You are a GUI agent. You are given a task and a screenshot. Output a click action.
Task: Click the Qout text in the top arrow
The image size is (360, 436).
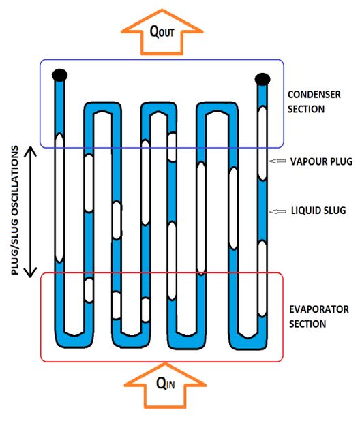pyautogui.click(x=162, y=31)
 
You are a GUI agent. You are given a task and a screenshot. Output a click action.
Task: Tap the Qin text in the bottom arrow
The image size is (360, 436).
pyautogui.click(x=166, y=384)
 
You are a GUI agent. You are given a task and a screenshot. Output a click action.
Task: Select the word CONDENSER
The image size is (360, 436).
pyautogui.click(x=314, y=95)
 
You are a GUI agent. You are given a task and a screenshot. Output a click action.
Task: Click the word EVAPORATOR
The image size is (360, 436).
pyautogui.click(x=319, y=309)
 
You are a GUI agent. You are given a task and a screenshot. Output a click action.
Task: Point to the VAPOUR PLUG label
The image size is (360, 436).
pyautogui.click(x=321, y=161)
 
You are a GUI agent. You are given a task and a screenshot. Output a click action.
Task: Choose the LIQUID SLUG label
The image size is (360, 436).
pyautogui.click(x=318, y=211)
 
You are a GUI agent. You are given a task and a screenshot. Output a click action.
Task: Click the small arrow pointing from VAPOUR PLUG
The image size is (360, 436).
pyautogui.click(x=277, y=161)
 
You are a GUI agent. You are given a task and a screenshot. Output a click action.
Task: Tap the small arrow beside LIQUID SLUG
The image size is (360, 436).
pyautogui.click(x=277, y=211)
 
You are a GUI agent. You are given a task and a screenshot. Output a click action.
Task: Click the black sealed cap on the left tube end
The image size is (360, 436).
pyautogui.click(x=60, y=75)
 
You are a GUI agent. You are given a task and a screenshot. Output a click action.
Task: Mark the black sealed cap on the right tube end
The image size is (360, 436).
pyautogui.click(x=262, y=79)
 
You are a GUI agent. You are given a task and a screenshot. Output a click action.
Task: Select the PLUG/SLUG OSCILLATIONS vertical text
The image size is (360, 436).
pyautogui.click(x=15, y=211)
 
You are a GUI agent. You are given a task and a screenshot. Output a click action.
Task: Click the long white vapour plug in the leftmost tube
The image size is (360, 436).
pyautogui.click(x=59, y=198)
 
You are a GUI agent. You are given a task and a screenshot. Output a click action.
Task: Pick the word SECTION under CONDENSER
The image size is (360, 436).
pyautogui.click(x=306, y=109)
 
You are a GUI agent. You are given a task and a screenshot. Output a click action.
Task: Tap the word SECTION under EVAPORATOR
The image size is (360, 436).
pyautogui.click(x=307, y=324)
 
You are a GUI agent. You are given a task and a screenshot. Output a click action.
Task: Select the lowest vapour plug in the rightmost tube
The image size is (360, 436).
pyautogui.click(x=262, y=279)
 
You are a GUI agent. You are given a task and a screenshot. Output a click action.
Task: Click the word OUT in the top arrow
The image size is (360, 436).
pyautogui.click(x=166, y=33)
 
